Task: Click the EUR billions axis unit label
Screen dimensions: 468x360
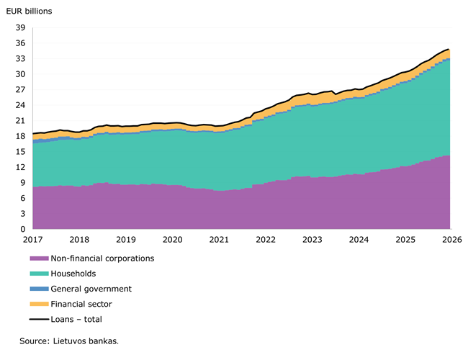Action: (x=29, y=12)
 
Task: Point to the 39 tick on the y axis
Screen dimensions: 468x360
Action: (x=21, y=28)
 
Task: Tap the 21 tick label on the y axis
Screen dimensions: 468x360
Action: (x=21, y=121)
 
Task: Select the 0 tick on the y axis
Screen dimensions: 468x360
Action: (x=23, y=229)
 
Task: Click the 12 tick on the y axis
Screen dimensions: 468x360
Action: (x=21, y=167)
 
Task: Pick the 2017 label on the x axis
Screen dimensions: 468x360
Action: (x=33, y=240)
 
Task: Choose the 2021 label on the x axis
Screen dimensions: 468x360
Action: (x=219, y=240)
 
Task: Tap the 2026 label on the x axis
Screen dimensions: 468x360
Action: (x=452, y=240)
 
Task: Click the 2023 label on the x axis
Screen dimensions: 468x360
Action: (x=312, y=240)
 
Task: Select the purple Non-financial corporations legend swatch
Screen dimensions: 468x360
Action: (x=39, y=258)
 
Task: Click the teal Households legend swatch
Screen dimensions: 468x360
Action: (x=39, y=274)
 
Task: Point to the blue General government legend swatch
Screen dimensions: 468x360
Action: (x=39, y=289)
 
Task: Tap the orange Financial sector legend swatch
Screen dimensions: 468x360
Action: (x=39, y=304)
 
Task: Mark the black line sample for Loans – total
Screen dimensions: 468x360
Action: (x=39, y=320)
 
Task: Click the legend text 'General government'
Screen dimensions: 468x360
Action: (x=91, y=289)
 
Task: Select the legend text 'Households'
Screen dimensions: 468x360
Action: (x=73, y=274)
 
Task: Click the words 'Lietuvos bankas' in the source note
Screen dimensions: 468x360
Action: (x=85, y=341)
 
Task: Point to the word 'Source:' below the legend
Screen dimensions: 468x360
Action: (x=35, y=341)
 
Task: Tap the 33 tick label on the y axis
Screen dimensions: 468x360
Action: (x=21, y=59)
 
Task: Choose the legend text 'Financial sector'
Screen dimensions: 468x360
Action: (x=81, y=304)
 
